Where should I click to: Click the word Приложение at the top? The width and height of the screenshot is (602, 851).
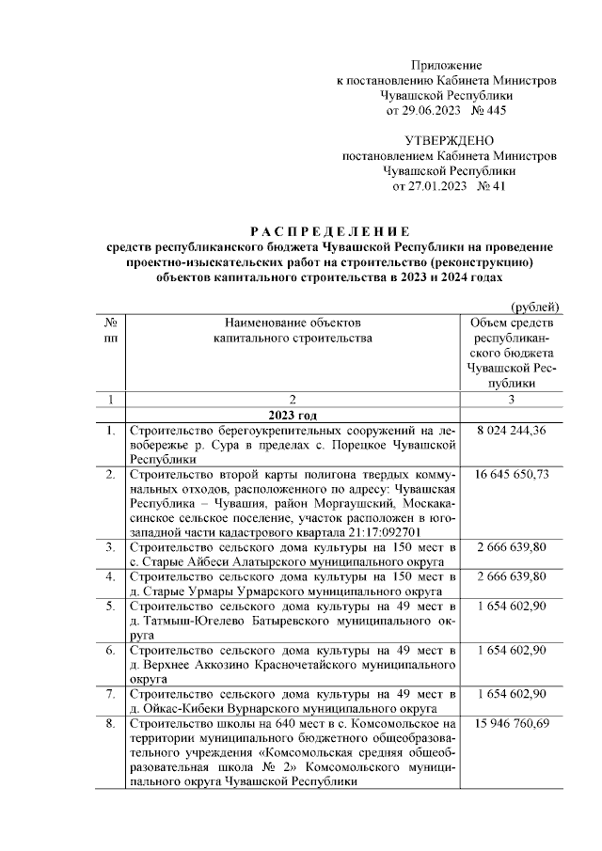447,66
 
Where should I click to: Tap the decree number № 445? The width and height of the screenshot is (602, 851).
489,111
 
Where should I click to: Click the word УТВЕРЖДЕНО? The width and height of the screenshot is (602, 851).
448,141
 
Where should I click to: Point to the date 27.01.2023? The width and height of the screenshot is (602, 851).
427,186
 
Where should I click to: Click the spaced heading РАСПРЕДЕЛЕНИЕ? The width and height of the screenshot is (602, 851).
328,231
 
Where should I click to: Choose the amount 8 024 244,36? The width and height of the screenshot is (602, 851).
512,431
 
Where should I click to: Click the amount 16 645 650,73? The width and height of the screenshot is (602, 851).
512,474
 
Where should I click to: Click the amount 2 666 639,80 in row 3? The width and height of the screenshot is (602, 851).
512,546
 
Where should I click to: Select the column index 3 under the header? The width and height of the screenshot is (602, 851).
512,400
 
